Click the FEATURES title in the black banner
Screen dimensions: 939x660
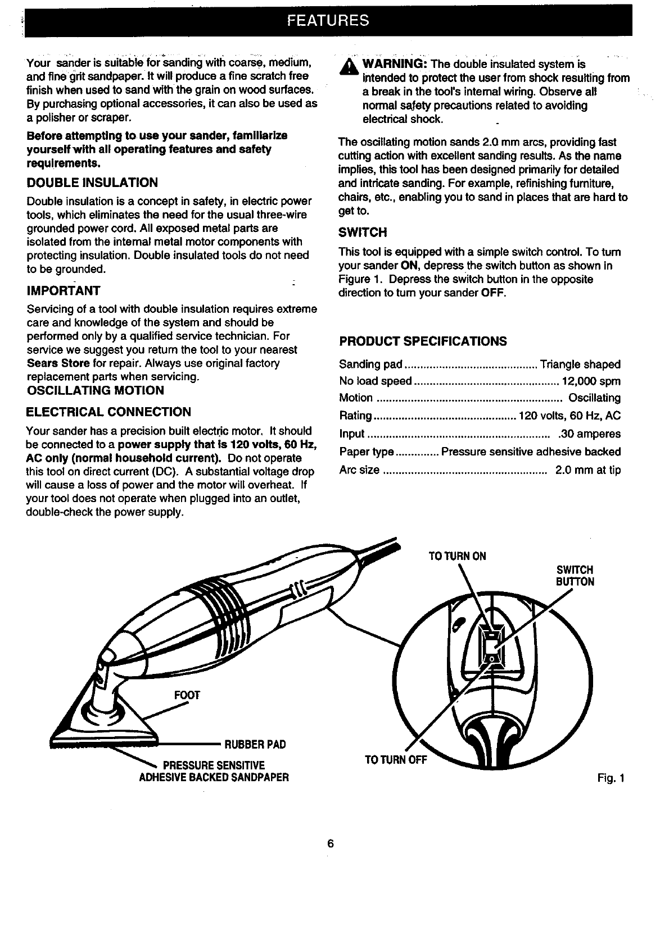pyautogui.click(x=328, y=21)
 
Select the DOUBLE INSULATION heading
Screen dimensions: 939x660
pyautogui.click(x=92, y=183)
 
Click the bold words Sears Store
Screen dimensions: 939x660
pyautogui.click(x=58, y=363)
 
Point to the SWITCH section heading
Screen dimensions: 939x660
pyautogui.click(x=363, y=233)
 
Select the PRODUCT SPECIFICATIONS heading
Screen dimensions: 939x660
pyautogui.click(x=423, y=341)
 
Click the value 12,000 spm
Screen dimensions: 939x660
pyautogui.click(x=591, y=381)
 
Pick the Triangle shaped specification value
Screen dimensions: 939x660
pyautogui.click(x=580, y=364)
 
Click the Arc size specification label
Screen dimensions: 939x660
pyautogui.click(x=359, y=469)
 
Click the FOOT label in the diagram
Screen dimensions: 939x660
pyautogui.click(x=187, y=695)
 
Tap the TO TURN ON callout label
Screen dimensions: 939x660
pyautogui.click(x=457, y=557)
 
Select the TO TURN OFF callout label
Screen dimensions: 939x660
pyautogui.click(x=396, y=760)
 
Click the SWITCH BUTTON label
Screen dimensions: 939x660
pyautogui.click(x=575, y=576)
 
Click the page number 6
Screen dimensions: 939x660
pyautogui.click(x=331, y=844)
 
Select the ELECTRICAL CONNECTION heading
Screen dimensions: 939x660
pyautogui.click(x=109, y=412)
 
